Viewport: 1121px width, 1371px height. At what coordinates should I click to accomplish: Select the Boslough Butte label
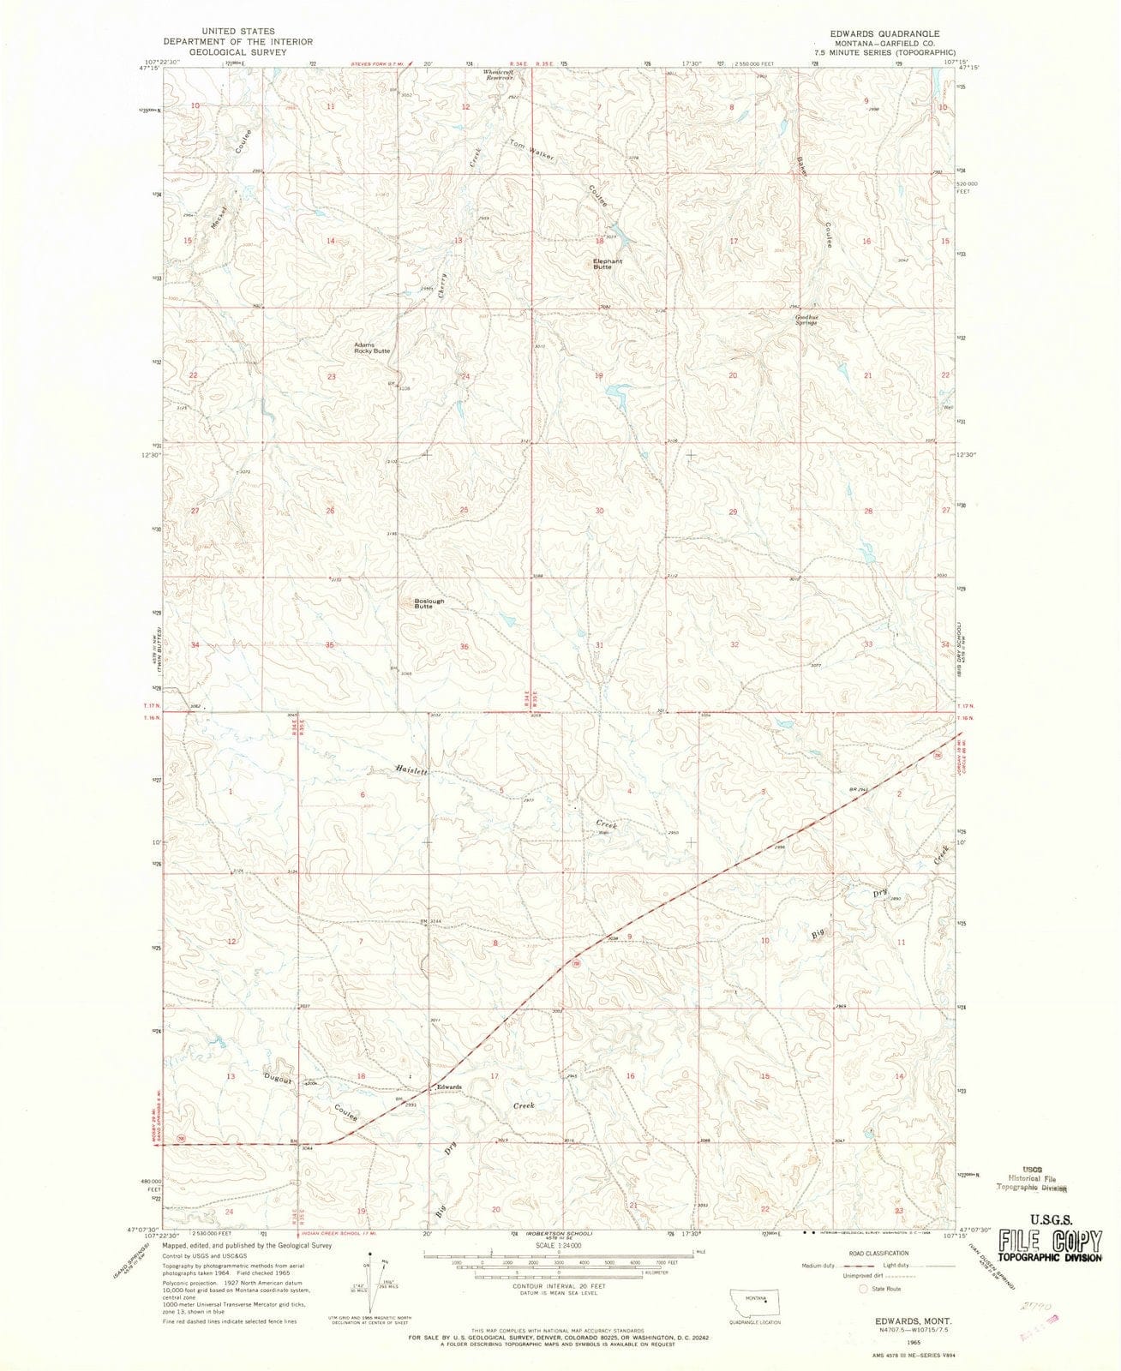click(429, 603)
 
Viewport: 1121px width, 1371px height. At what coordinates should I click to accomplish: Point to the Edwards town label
click(450, 1087)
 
